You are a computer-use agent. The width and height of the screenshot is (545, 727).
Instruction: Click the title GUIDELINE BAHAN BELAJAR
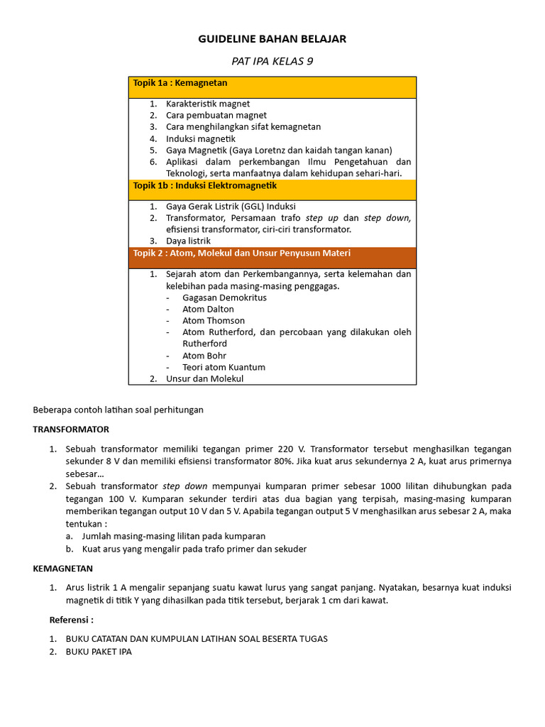tap(272, 39)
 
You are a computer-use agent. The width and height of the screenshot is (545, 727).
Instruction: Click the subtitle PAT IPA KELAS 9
tap(272, 61)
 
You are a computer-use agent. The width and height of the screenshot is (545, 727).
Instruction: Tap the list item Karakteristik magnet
tap(208, 104)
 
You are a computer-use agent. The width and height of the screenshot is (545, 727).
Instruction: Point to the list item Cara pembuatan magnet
tap(216, 115)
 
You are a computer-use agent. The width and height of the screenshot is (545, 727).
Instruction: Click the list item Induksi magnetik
tap(200, 138)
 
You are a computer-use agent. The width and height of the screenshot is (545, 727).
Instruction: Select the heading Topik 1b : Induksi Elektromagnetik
tap(205, 185)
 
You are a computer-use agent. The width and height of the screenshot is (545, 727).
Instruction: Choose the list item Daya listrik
tap(188, 241)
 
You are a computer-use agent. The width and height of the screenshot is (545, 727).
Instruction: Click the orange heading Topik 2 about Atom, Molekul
tap(241, 253)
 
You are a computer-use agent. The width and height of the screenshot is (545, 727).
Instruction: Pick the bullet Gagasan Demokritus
tap(224, 297)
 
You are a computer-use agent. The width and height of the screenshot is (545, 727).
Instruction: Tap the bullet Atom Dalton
tap(208, 309)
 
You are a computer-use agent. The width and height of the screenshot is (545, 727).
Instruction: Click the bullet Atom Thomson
tap(214, 320)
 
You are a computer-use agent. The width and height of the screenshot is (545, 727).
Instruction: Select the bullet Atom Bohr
tap(204, 356)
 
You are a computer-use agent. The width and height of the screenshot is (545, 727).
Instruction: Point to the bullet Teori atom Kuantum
tap(224, 367)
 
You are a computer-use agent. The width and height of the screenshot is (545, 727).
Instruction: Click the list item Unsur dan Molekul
tap(204, 379)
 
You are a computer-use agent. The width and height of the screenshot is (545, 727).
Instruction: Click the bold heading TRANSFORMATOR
tap(71, 430)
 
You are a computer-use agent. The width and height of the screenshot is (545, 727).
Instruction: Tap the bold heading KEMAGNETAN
tap(62, 569)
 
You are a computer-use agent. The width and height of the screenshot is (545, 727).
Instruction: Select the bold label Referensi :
tap(72, 620)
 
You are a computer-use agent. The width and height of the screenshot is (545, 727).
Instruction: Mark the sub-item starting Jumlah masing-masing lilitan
tap(174, 536)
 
